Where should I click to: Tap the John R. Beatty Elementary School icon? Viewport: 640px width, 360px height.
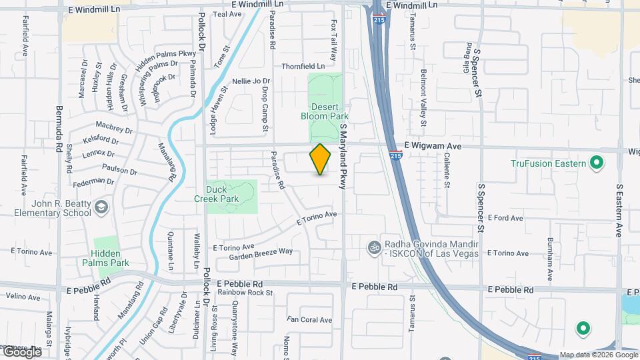tap(101, 206)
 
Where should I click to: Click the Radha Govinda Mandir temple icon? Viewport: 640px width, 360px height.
tap(374, 247)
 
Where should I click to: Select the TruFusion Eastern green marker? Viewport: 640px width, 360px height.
tap(597, 163)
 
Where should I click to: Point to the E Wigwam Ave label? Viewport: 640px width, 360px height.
tap(433, 145)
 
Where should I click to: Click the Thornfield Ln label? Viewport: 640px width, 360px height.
tap(303, 66)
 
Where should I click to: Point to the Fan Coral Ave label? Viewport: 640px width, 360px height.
tap(309, 320)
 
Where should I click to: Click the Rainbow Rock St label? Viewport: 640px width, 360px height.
tap(245, 292)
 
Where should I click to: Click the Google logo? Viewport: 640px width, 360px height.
tap(22, 352)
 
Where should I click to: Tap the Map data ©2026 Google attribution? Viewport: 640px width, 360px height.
tap(598, 355)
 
